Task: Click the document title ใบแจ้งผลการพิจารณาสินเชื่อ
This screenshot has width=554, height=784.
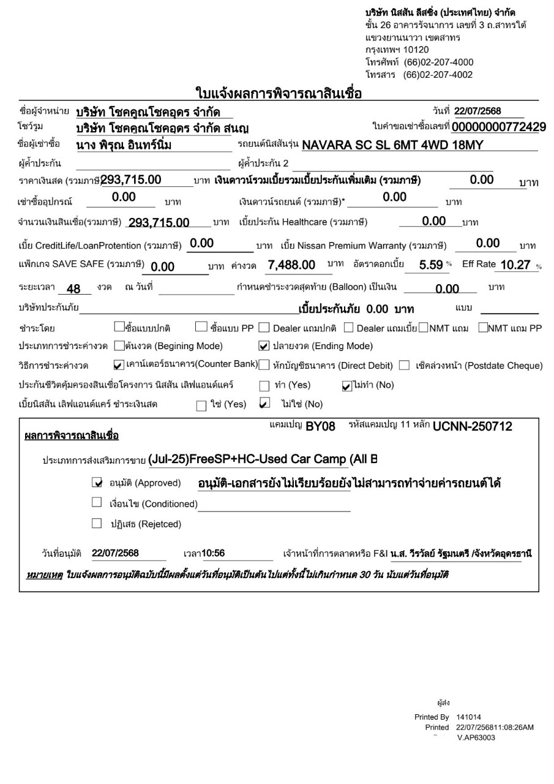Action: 278,93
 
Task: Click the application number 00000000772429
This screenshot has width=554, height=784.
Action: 498,127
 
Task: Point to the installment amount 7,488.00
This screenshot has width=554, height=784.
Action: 291,265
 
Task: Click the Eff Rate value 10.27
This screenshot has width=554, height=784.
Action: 513,265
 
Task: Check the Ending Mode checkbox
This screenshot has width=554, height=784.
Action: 264,346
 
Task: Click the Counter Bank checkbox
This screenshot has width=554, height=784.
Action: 119,366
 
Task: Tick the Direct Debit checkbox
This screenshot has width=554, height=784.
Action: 264,366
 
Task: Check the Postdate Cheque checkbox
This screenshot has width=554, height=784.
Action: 404,366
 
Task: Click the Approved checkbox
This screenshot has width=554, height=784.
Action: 96,483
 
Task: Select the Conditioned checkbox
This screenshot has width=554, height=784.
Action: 96,503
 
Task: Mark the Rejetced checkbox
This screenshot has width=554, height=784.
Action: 96,524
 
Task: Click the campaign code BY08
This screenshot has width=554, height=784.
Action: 320,427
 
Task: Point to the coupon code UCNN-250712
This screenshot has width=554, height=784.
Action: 472,426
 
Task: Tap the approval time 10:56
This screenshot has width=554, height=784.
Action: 213,554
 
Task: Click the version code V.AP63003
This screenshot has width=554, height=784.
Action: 476,738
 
